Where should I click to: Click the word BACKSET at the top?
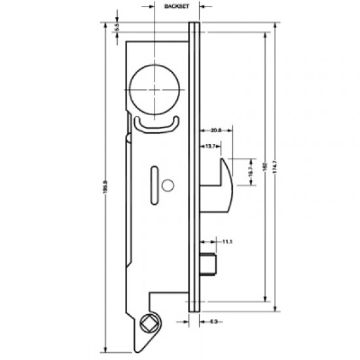tap(172, 5)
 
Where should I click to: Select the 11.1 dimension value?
tap(228, 242)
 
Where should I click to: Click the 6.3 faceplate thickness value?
tap(213, 321)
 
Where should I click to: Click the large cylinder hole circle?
tap(153, 90)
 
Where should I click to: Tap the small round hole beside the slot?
tap(168, 187)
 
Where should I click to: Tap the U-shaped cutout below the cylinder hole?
tap(156, 124)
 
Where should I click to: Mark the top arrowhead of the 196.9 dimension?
tap(105, 25)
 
